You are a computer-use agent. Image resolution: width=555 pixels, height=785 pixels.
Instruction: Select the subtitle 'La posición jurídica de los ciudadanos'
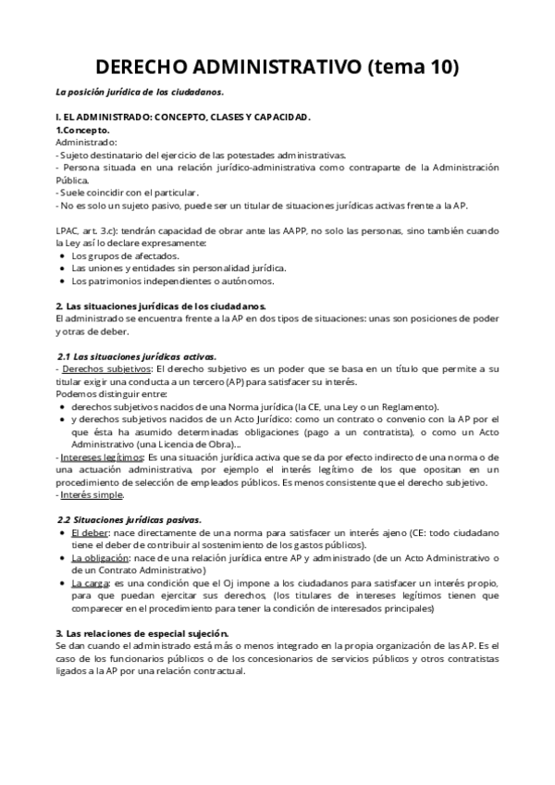pos(140,93)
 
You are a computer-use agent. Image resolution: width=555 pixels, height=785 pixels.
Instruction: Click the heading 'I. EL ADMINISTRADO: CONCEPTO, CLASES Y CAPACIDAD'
pos(183,118)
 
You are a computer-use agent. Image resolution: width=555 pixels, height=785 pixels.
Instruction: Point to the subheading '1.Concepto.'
pos(83,131)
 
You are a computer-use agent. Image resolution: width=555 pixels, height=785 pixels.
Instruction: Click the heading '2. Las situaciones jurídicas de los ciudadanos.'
pos(161,305)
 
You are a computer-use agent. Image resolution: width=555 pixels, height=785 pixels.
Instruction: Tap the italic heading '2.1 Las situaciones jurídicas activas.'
pos(137,356)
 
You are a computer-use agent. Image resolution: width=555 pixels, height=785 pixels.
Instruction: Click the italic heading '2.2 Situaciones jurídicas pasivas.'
pos(129,520)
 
